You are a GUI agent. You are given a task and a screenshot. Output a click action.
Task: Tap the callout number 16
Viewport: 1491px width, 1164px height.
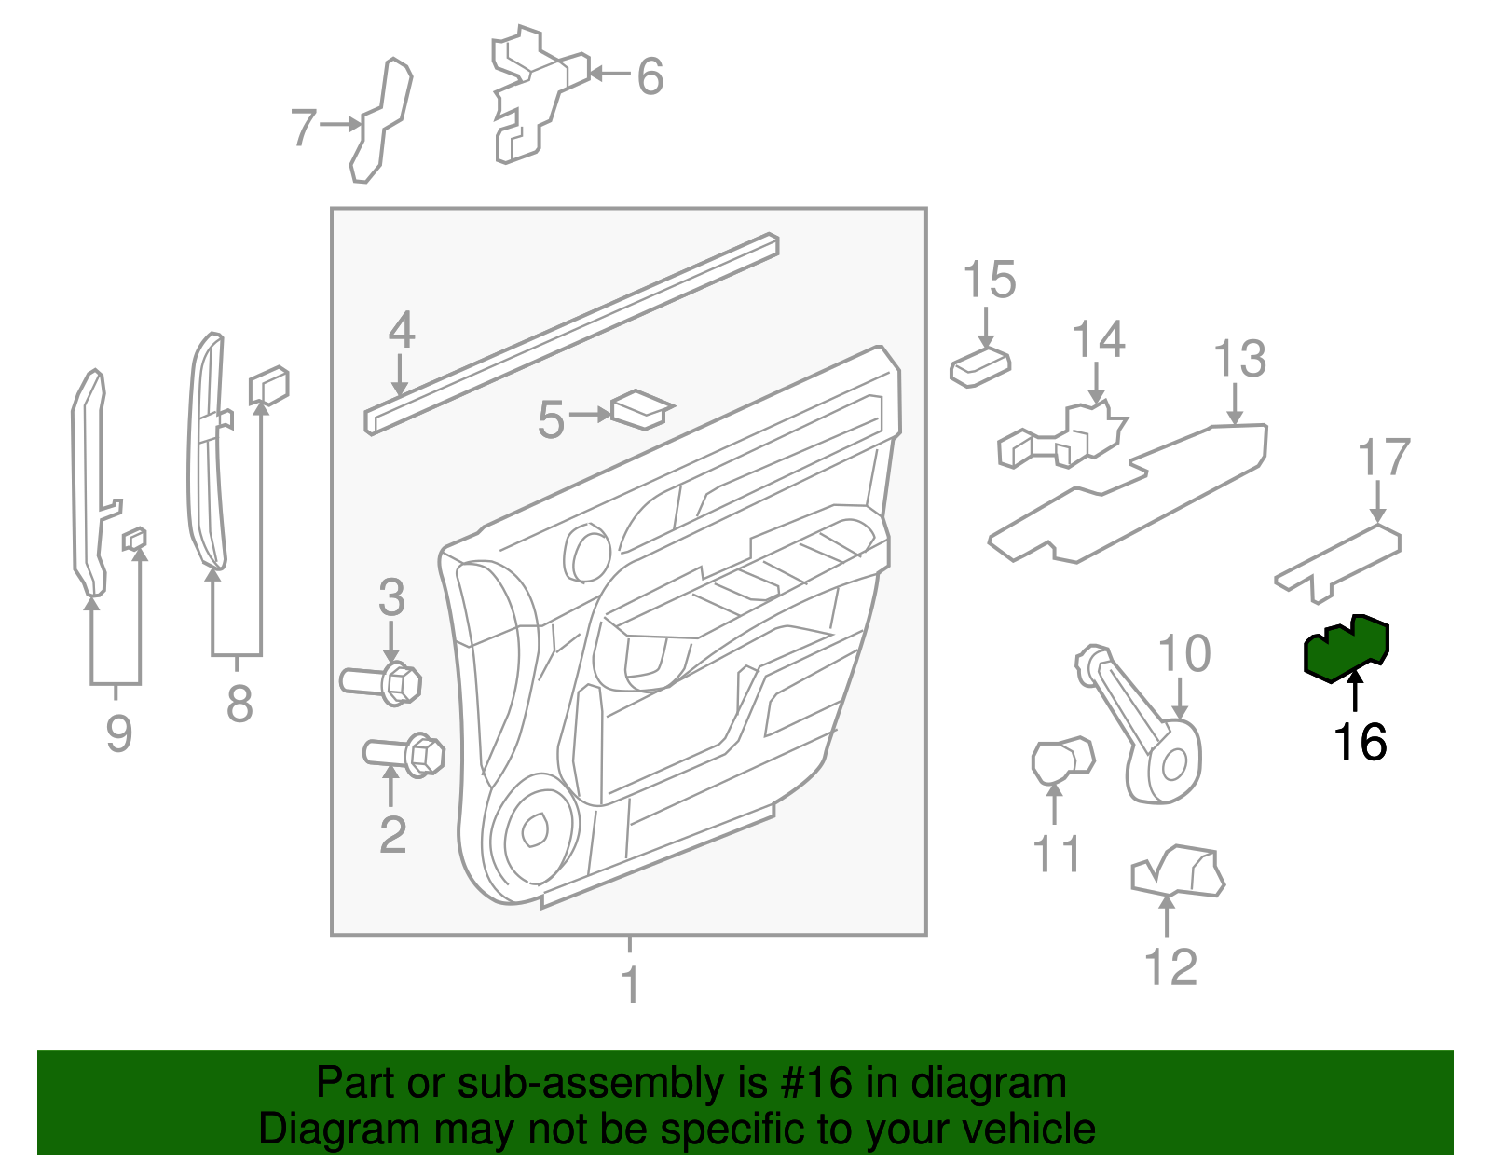(x=1360, y=743)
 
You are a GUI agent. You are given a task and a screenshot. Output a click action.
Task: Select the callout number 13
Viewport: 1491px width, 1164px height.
(x=1239, y=360)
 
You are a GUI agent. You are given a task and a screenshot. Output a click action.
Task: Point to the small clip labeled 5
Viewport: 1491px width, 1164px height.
(x=641, y=409)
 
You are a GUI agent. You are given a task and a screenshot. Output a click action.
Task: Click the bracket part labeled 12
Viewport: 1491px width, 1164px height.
(x=1178, y=872)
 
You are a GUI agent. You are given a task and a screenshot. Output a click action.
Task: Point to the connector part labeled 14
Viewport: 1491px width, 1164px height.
(x=1062, y=438)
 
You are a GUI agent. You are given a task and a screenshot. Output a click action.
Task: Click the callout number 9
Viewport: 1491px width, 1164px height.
(x=118, y=733)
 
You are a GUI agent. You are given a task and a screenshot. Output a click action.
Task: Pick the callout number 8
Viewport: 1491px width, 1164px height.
(x=239, y=704)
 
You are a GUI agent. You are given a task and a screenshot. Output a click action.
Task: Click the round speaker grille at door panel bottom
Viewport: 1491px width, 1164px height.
(x=535, y=829)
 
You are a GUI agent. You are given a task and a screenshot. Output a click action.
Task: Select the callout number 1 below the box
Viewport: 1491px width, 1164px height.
(x=631, y=985)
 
